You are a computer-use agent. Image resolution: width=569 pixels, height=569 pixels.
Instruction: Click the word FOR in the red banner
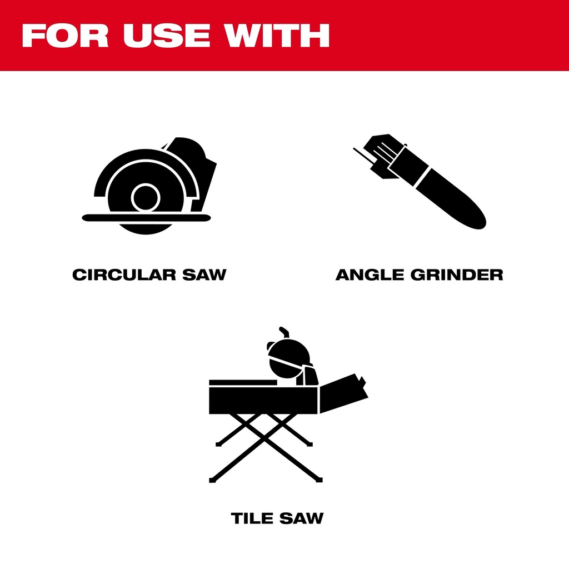pyautogui.click(x=66, y=35)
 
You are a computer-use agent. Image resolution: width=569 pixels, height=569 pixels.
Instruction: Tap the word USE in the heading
pyautogui.click(x=167, y=35)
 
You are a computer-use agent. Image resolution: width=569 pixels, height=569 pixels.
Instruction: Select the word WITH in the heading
pyautogui.click(x=277, y=35)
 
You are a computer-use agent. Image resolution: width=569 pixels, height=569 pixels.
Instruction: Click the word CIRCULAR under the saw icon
pyautogui.click(x=124, y=274)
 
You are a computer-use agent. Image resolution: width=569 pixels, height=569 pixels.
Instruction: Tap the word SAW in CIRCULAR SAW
pyautogui.click(x=204, y=274)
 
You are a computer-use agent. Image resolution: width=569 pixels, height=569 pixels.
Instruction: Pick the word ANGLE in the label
pyautogui.click(x=370, y=274)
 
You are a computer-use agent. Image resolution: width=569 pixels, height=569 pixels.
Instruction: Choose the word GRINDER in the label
pyautogui.click(x=457, y=274)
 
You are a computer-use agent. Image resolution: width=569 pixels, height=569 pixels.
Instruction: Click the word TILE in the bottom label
pyautogui.click(x=252, y=518)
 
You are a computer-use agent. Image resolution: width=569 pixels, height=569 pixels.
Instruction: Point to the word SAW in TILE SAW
pyautogui.click(x=301, y=518)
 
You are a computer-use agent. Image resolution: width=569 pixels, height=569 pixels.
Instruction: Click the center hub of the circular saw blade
pyautogui.click(x=146, y=197)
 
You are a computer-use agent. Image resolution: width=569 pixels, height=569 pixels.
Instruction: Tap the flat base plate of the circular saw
pyautogui.click(x=146, y=218)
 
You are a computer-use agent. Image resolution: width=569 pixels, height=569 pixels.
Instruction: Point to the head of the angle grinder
pyautogui.click(x=382, y=156)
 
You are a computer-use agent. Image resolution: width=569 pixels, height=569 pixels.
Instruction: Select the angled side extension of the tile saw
pyautogui.click(x=343, y=394)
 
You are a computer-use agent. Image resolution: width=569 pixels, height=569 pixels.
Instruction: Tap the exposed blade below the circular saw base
pyautogui.click(x=146, y=228)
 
